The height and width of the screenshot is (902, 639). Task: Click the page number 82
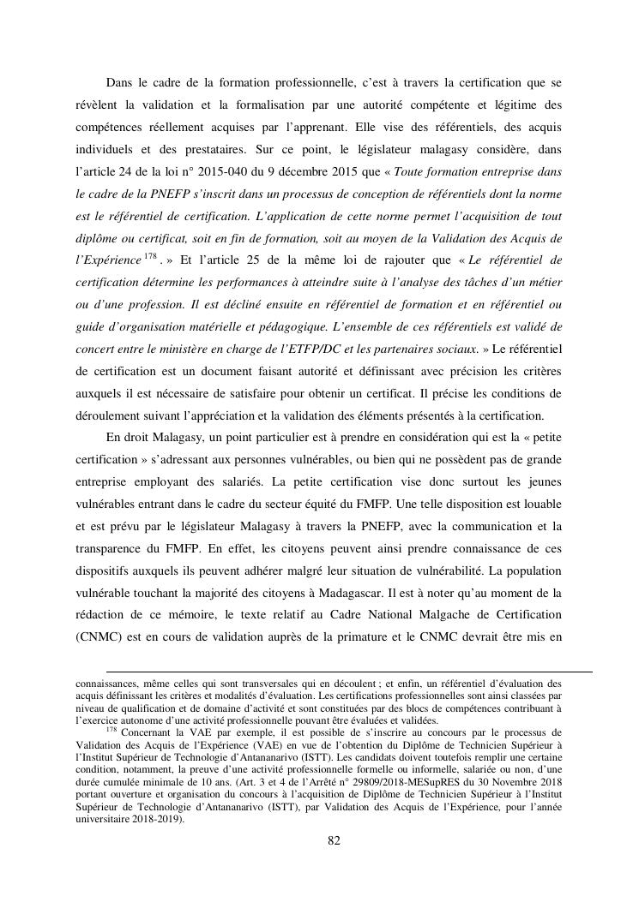(x=335, y=840)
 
